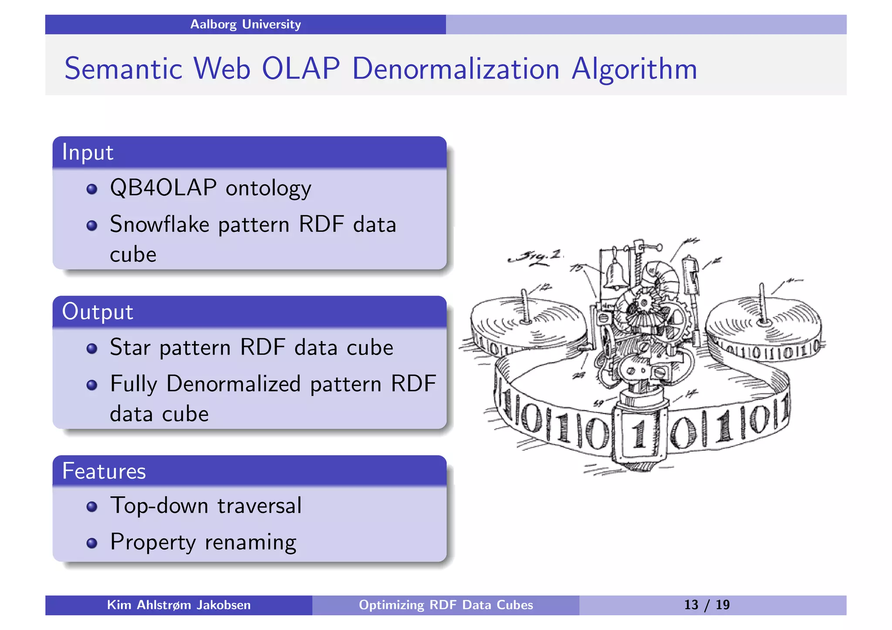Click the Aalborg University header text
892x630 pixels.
pyautogui.click(x=245, y=24)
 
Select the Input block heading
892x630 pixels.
pyautogui.click(x=88, y=152)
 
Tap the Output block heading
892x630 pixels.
pyautogui.click(x=97, y=312)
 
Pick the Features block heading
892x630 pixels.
pyautogui.click(x=104, y=471)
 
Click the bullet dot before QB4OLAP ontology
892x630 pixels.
pyautogui.click(x=91, y=189)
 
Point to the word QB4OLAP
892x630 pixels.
pyautogui.click(x=163, y=188)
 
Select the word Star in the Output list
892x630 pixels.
pyautogui.click(x=130, y=348)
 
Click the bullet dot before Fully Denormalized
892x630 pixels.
pyautogui.click(x=91, y=385)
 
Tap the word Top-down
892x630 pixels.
pyautogui.click(x=159, y=506)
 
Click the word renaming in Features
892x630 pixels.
pyautogui.click(x=250, y=543)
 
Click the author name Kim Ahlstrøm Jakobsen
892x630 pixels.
pyautogui.click(x=179, y=605)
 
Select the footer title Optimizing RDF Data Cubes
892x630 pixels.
pyautogui.click(x=446, y=605)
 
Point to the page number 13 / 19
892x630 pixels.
pyautogui.click(x=706, y=605)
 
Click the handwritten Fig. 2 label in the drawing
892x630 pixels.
pyautogui.click(x=536, y=257)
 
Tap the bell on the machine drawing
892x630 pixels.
pyautogui.click(x=615, y=274)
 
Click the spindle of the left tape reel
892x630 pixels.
pyautogui.click(x=526, y=307)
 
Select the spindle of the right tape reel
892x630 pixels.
pyautogui.click(x=762, y=305)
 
